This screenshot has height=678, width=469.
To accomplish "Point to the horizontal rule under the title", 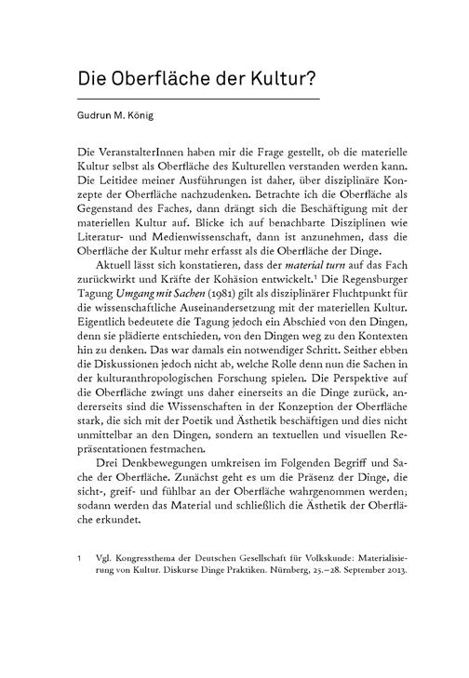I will point(198,100).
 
